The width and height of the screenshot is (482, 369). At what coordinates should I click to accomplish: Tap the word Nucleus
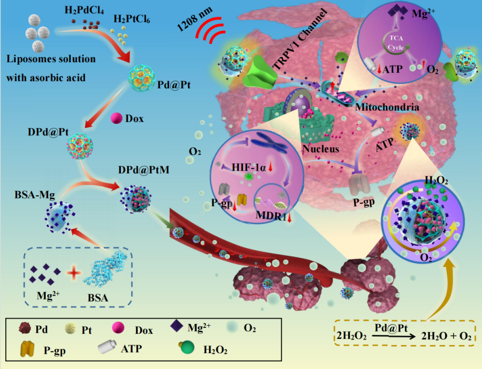click(x=320, y=149)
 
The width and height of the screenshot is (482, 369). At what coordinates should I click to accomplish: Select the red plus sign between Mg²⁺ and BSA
click(x=75, y=273)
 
